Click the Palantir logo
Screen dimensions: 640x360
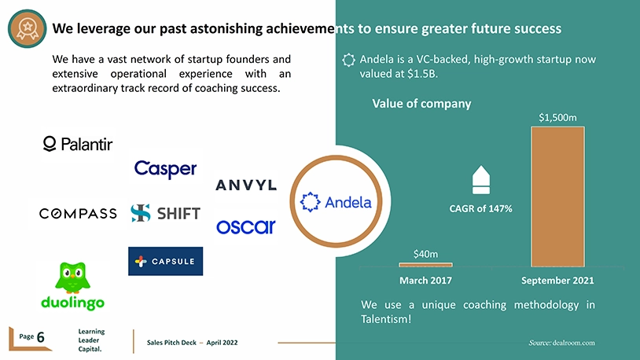click(x=78, y=144)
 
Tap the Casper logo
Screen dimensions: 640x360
click(x=165, y=169)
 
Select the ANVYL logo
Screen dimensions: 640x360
click(x=246, y=186)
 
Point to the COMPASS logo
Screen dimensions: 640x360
click(x=78, y=214)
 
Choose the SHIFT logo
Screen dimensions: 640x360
click(x=165, y=213)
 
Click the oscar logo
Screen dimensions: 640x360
click(x=246, y=227)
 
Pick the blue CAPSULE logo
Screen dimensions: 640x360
click(x=165, y=261)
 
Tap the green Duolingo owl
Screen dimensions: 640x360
click(x=72, y=277)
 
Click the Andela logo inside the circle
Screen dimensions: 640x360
click(x=336, y=202)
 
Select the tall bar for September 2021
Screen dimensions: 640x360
click(x=557, y=197)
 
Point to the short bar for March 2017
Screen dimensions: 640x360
click(x=425, y=265)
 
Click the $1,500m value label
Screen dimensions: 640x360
click(x=557, y=118)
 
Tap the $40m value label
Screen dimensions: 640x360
click(x=425, y=255)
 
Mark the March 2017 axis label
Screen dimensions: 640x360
click(x=425, y=281)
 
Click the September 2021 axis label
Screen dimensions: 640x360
click(x=557, y=281)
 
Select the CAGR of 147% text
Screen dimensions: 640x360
click(x=481, y=208)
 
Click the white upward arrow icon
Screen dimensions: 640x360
click(x=481, y=179)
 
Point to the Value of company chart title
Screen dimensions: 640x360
click(x=421, y=104)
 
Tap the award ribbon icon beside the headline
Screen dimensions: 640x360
click(x=28, y=28)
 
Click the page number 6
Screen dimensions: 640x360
click(x=40, y=337)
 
